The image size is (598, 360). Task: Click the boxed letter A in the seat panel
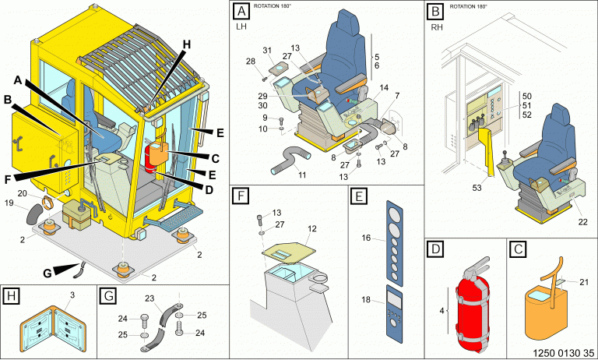coord(241,11)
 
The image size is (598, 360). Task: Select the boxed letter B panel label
coord(435,11)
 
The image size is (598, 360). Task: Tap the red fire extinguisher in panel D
coord(472,305)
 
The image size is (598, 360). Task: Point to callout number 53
coord(477,188)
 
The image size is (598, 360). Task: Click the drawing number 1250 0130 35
coord(563,353)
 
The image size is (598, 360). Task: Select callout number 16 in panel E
coord(366,238)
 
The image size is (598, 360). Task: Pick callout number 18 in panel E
coord(366,300)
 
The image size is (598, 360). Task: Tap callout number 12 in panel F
coord(312,228)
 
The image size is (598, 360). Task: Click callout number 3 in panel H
coord(72,295)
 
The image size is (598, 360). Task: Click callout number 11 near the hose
coord(302,175)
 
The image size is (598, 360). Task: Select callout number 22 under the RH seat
coord(582,222)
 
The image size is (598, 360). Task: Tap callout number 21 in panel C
coord(584,282)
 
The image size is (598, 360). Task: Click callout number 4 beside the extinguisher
coord(442,311)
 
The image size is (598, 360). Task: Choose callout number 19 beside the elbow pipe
coord(9,203)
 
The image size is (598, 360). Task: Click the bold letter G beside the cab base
coord(47,274)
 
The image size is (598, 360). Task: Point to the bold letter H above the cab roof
coord(186,44)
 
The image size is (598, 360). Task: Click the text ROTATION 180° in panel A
coord(273,6)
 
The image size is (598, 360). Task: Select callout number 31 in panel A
coord(267,51)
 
